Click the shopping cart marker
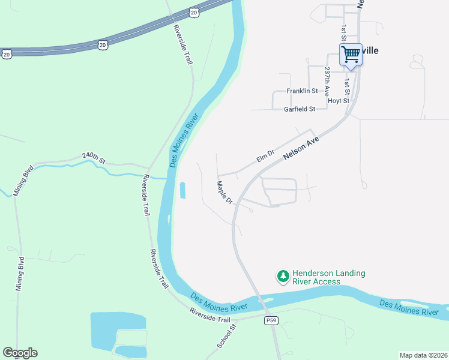pyautogui.click(x=351, y=55)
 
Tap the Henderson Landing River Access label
pyautogui.click(x=328, y=277)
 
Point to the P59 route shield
pyautogui.click(x=272, y=321)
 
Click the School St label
pyautogui.click(x=228, y=334)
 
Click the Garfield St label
pyautogui.click(x=300, y=109)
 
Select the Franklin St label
pyautogui.click(x=301, y=91)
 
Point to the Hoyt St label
pyautogui.click(x=339, y=101)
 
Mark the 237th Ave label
pyautogui.click(x=327, y=82)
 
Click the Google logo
pyautogui.click(x=20, y=353)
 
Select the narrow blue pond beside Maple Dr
pyautogui.click(x=182, y=191)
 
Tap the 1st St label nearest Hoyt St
pyautogui.click(x=347, y=79)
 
